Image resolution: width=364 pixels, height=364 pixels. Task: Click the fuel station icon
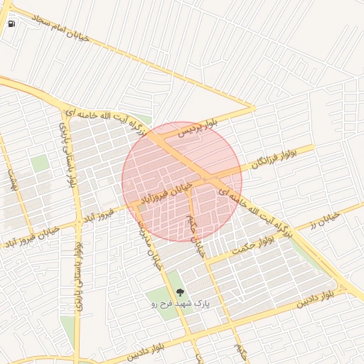click(11, 23)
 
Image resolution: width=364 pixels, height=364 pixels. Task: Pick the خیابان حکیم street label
click(195, 234)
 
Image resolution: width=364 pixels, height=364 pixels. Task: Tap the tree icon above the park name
click(179, 291)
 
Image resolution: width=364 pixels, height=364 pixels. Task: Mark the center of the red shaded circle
click(181, 181)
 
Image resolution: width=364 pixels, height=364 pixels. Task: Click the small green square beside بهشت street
click(41, 163)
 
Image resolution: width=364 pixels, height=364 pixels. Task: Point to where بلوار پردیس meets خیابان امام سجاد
click(252, 109)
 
